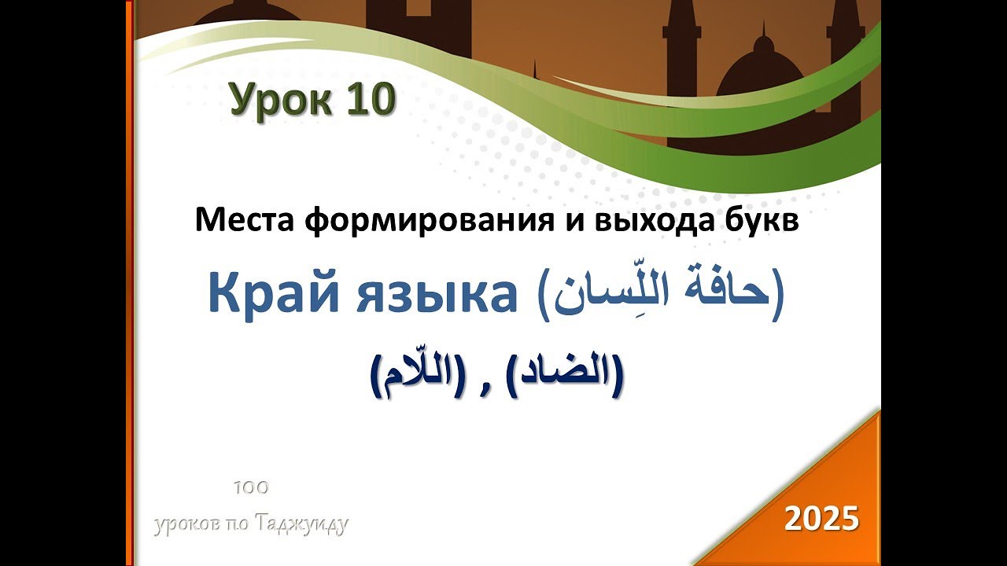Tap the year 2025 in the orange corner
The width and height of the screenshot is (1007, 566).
click(x=821, y=519)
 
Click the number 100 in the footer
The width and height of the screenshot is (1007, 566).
click(x=252, y=487)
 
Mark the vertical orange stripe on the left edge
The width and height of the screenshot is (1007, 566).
click(x=129, y=283)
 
